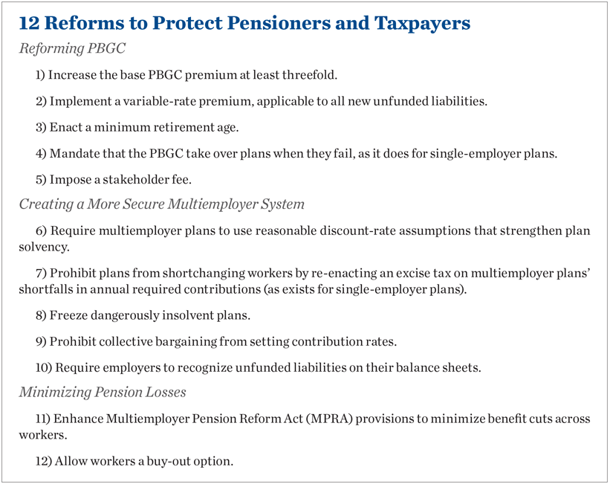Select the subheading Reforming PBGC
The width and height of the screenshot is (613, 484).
coord(72,49)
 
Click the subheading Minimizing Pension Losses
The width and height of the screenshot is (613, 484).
coord(103,392)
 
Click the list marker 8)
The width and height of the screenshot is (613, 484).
coord(41,315)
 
